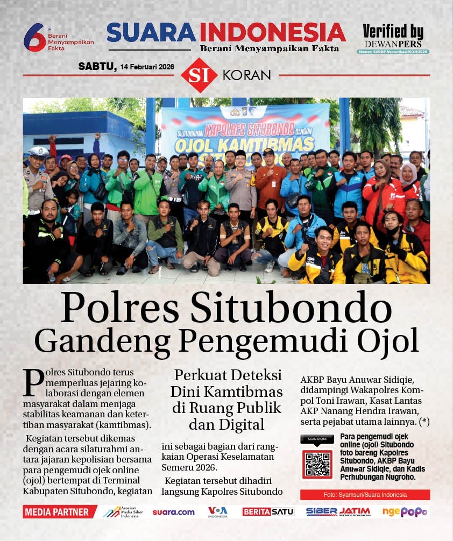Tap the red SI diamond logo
[199, 75]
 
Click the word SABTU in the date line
[97, 66]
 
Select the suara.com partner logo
[173, 512]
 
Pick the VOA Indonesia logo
[218, 512]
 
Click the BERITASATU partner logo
[268, 512]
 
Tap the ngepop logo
[404, 512]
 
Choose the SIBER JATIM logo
[338, 512]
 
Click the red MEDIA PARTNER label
[56, 512]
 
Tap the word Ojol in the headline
[390, 340]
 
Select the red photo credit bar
[365, 495]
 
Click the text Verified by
[393, 32]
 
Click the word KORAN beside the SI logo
[246, 75]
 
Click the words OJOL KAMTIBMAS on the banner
[239, 144]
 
